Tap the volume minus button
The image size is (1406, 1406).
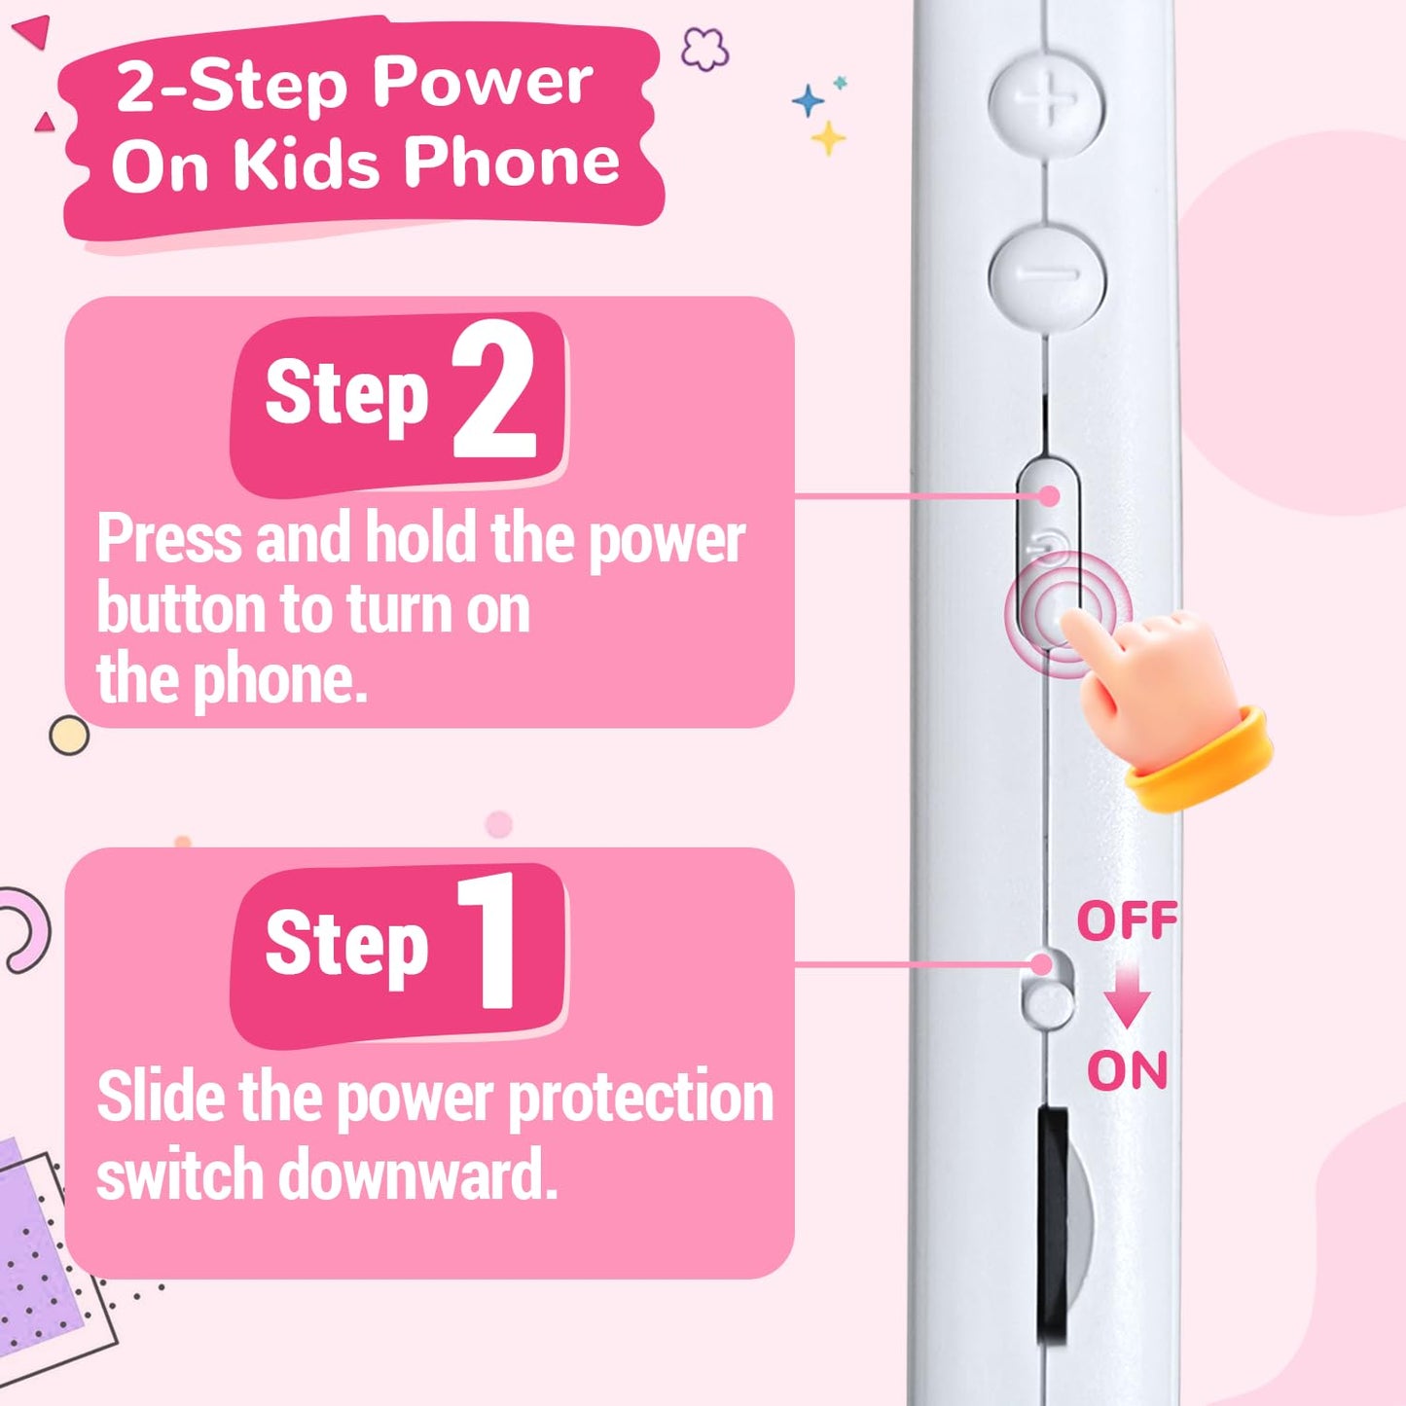1048,275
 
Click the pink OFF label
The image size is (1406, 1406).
1128,920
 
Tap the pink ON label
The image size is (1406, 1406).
1128,1070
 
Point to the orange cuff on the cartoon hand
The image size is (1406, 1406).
1201,760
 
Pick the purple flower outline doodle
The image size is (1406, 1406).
704,49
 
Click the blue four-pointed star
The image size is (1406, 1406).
808,100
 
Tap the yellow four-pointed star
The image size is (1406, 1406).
828,138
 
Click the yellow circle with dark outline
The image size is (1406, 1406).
69,735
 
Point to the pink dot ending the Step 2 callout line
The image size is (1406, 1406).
1049,496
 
